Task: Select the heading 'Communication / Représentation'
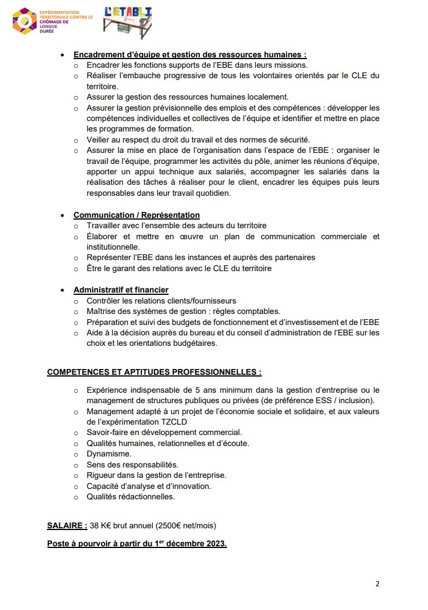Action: (x=136, y=215)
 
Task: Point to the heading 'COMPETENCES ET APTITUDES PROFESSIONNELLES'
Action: (x=153, y=372)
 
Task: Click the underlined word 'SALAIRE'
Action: (x=65, y=526)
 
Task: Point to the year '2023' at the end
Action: (x=214, y=545)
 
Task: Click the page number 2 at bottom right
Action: (x=377, y=583)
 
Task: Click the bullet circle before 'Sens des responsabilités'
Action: (x=76, y=465)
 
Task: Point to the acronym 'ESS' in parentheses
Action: (x=332, y=400)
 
